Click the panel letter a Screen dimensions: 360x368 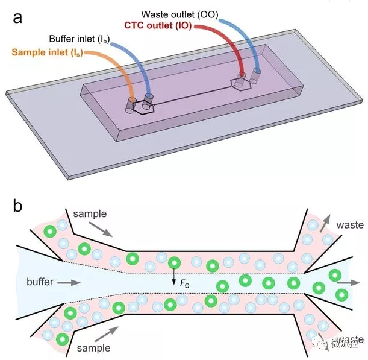[17, 17]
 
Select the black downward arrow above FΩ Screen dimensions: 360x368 [174, 277]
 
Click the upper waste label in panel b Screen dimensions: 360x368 [350, 225]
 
